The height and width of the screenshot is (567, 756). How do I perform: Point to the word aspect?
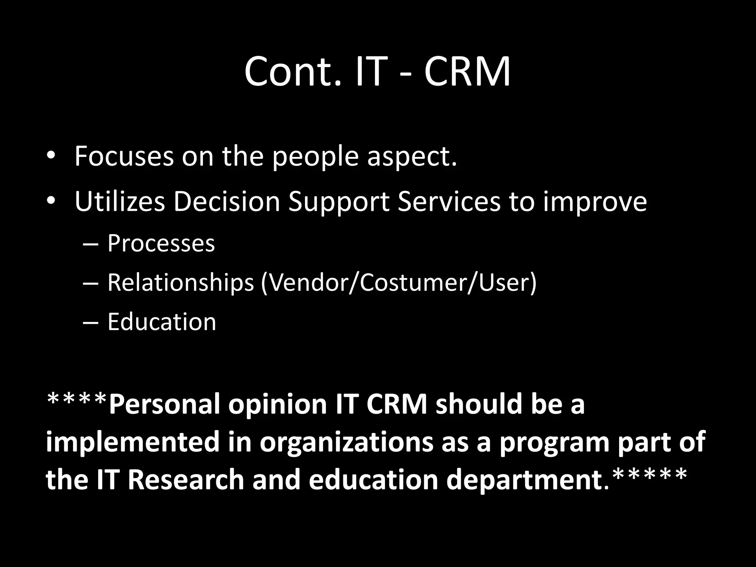point(412,157)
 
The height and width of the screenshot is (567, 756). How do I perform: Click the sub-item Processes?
point(161,244)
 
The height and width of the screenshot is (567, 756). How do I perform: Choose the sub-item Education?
point(162,322)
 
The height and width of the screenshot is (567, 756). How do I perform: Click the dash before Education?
point(91,322)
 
